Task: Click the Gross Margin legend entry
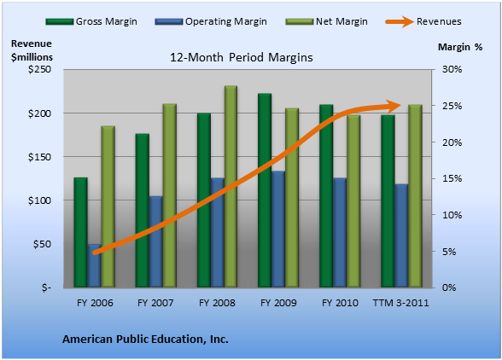pyautogui.click(x=91, y=21)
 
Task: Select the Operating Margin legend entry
pyautogui.click(x=211, y=21)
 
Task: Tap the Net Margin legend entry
pyautogui.click(x=326, y=21)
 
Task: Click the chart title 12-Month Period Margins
pyautogui.click(x=241, y=57)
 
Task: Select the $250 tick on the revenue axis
pyautogui.click(x=39, y=69)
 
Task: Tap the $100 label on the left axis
pyautogui.click(x=39, y=200)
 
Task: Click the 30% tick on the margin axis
pyautogui.click(x=452, y=69)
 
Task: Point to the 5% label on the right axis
pyautogui.click(x=449, y=252)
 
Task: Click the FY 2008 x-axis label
pyautogui.click(x=217, y=303)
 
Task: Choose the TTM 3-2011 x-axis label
pyautogui.click(x=400, y=303)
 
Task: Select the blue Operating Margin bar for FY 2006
pyautogui.click(x=95, y=265)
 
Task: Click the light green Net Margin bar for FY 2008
pyautogui.click(x=231, y=187)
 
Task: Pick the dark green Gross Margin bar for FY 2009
pyautogui.click(x=265, y=190)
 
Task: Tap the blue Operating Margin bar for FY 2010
pyautogui.click(x=340, y=233)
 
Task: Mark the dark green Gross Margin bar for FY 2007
pyautogui.click(x=142, y=211)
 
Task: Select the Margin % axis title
pyautogui.click(x=460, y=47)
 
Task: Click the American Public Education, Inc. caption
pyautogui.click(x=145, y=339)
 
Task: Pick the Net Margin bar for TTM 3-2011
pyautogui.click(x=415, y=196)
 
